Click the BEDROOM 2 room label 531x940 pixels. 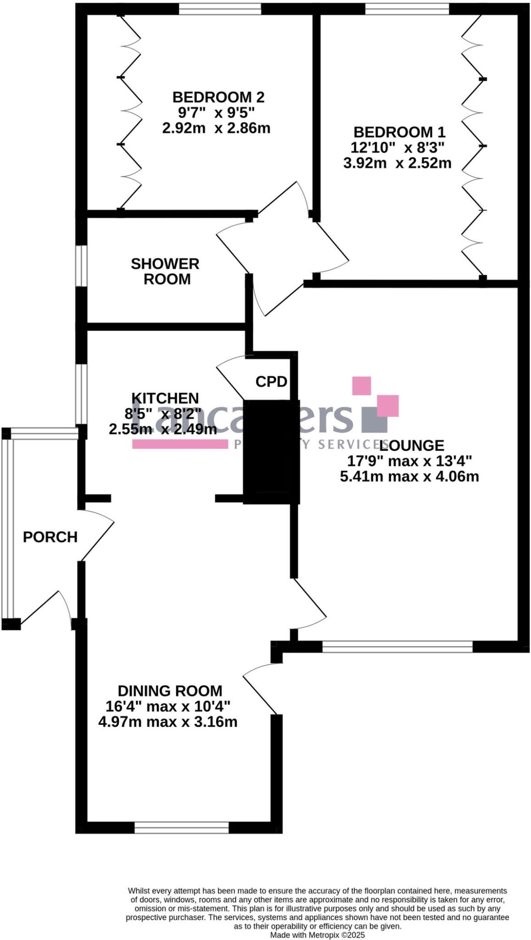point(218,97)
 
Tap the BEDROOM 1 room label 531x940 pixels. point(399,132)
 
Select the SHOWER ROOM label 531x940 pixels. point(165,271)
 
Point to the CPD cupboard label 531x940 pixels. point(271,381)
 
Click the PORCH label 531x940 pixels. point(50,537)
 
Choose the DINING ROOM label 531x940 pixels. point(170,691)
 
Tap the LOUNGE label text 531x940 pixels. point(412,445)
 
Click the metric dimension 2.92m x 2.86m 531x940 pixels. point(216,128)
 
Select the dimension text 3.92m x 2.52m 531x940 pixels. point(397,163)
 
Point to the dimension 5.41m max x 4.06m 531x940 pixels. point(409,476)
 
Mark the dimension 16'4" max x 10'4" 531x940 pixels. point(168,706)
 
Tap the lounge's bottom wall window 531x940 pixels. point(397,647)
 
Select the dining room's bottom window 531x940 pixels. point(182,828)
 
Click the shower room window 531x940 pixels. point(81,266)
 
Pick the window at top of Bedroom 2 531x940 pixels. point(220,9)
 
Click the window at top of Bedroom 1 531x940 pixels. point(407,9)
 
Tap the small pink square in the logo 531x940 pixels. point(361,386)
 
